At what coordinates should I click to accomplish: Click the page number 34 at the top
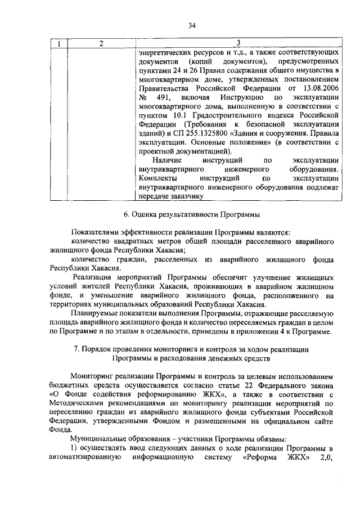(x=192, y=25)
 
